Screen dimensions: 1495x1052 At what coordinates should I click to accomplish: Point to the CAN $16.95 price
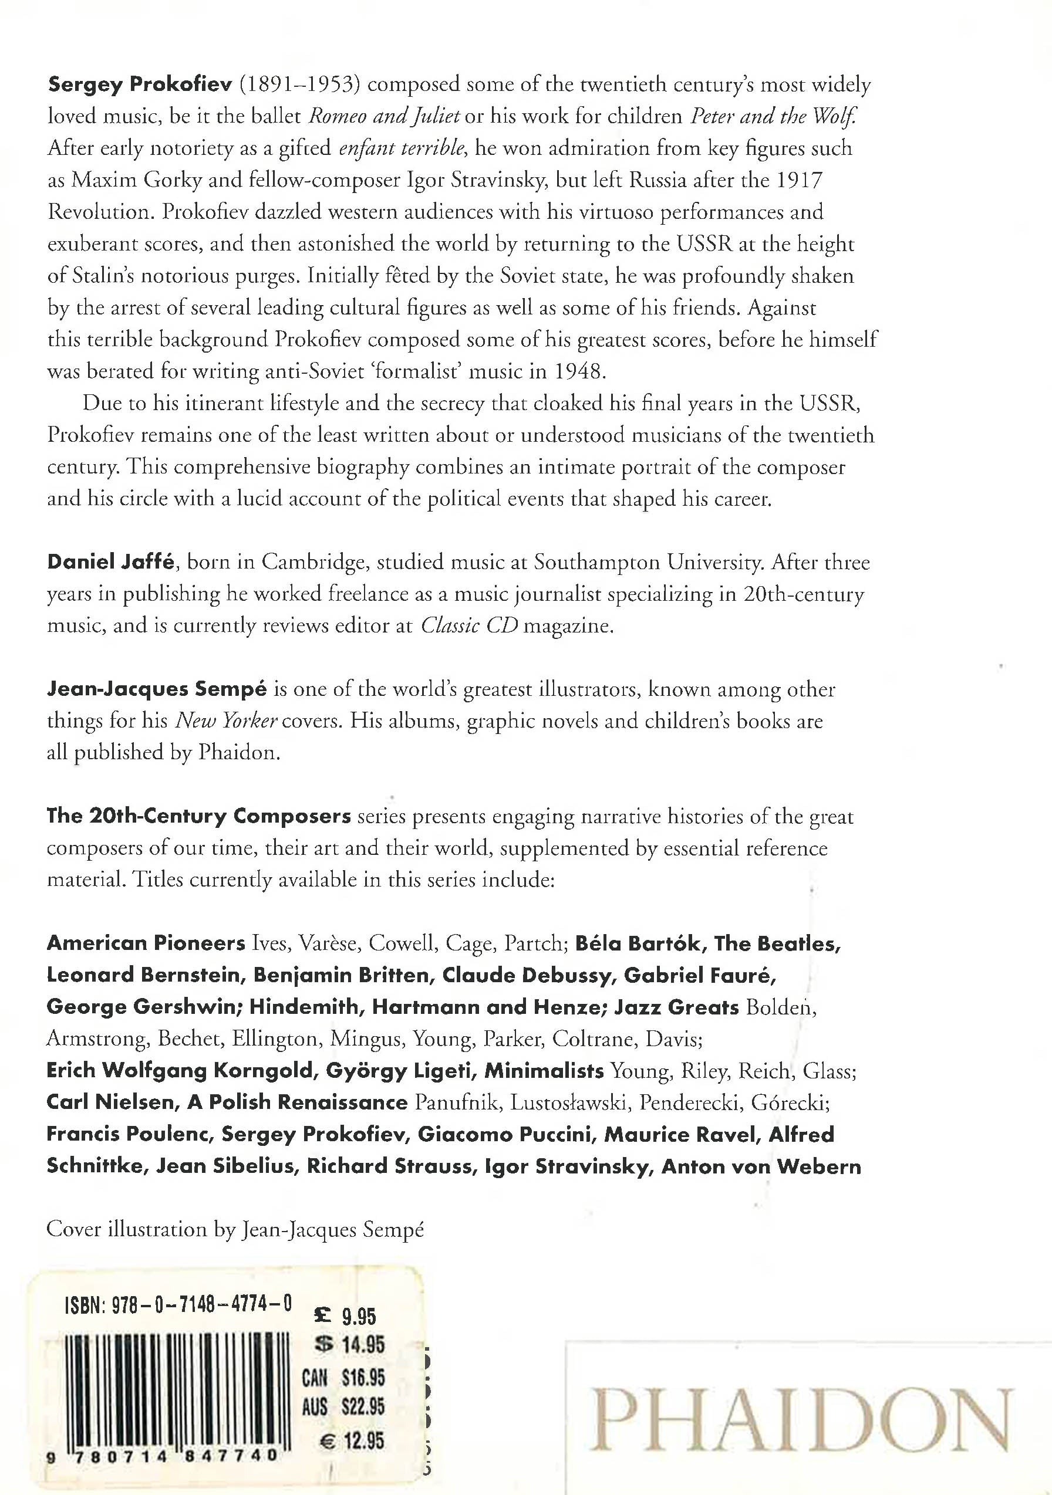point(343,1377)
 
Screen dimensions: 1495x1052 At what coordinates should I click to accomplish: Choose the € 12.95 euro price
point(352,1440)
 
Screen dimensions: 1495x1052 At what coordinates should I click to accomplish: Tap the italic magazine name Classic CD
point(468,625)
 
